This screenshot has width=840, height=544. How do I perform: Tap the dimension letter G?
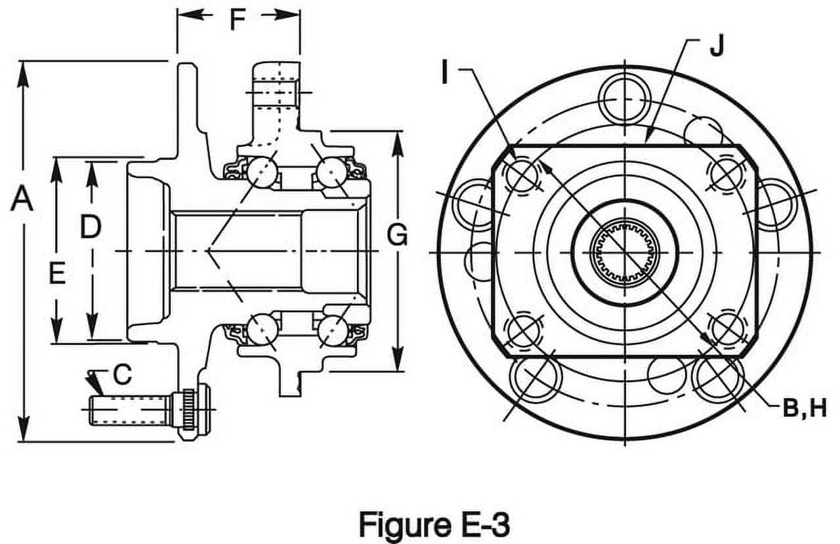coord(397,235)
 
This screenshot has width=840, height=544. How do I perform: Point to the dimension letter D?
coord(91,226)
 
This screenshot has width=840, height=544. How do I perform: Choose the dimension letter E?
coord(58,273)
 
